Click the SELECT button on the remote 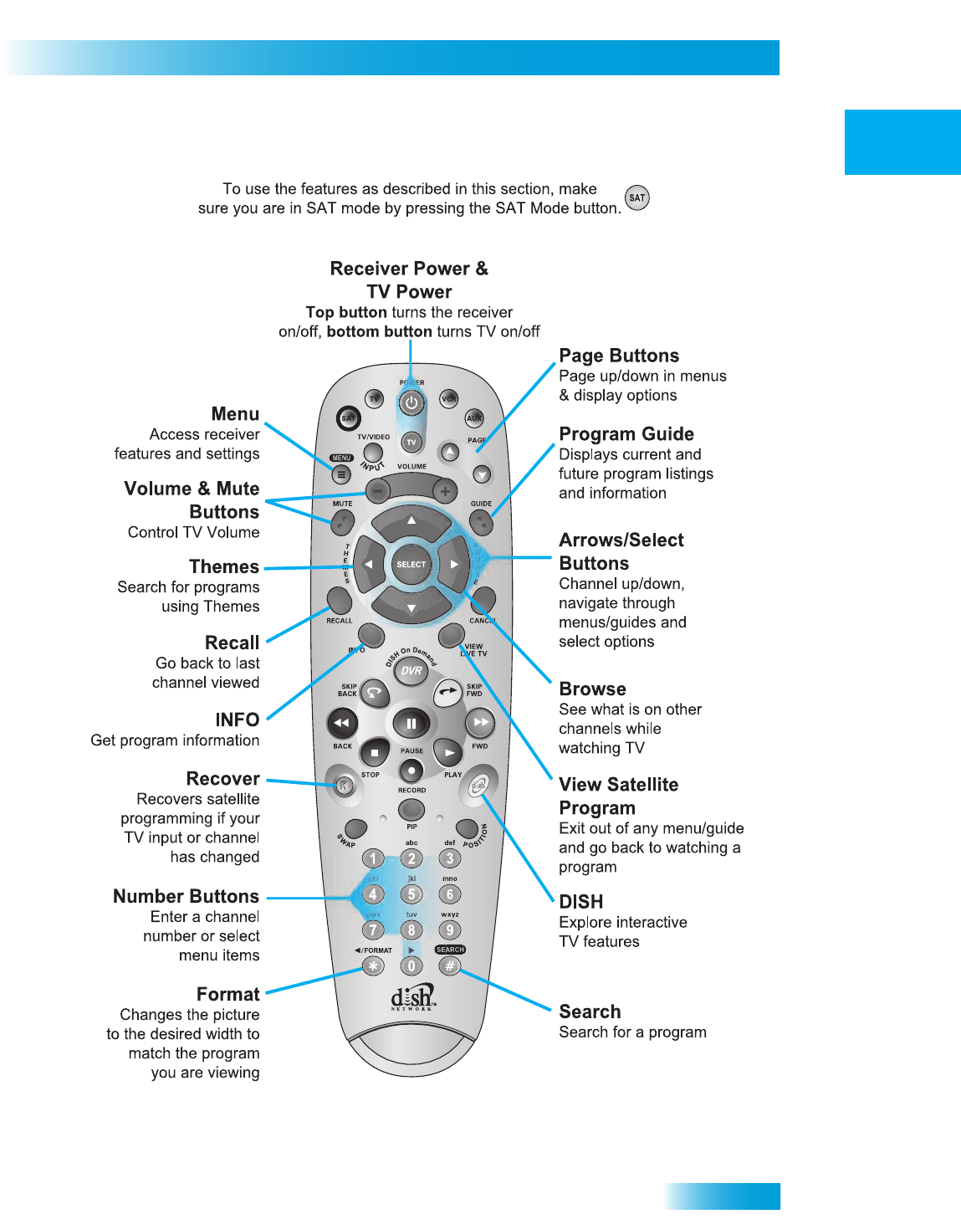point(411,565)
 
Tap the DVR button point(411,670)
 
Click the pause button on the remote point(411,723)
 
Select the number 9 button point(450,930)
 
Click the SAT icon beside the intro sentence point(637,198)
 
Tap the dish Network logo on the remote point(412,997)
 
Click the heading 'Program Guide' point(626,434)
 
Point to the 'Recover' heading point(222,779)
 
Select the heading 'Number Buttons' point(186,897)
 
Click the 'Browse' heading point(592,689)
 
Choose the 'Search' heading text point(590,1012)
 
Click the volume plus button point(445,491)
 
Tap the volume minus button point(377,491)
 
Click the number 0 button point(411,966)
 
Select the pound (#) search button point(450,966)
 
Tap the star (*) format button point(373,966)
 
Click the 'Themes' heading point(224,567)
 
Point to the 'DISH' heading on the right point(580,902)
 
